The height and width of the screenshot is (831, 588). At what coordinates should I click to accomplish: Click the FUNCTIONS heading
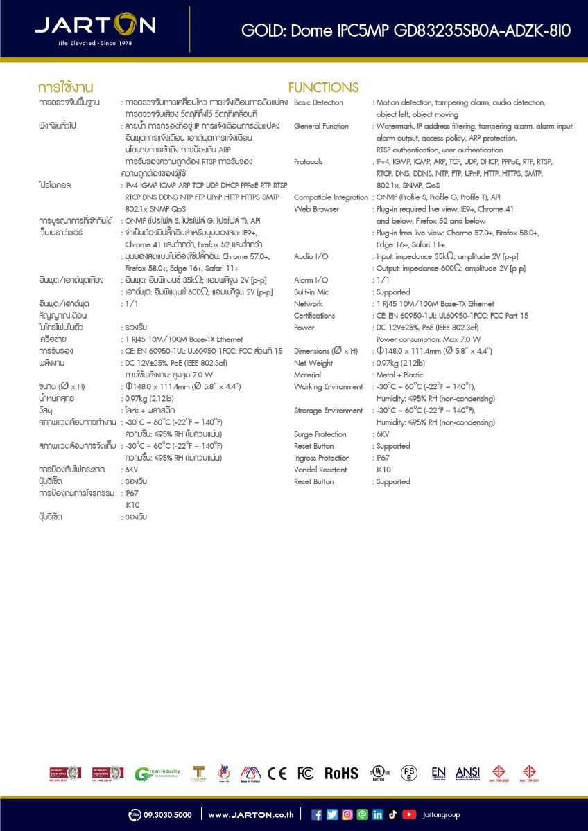tap(323, 88)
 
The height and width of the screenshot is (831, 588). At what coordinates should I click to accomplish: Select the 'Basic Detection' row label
tap(318, 102)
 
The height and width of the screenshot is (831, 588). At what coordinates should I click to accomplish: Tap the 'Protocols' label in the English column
tap(308, 161)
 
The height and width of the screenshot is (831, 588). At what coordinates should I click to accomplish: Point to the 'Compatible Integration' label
tap(331, 197)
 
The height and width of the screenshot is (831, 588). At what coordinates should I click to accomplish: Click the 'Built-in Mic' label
tap(311, 292)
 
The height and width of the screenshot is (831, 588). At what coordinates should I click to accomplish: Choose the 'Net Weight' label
tap(313, 363)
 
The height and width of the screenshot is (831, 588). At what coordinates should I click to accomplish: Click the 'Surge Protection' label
tap(320, 434)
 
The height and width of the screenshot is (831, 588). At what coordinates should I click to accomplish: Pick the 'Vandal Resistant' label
tap(320, 470)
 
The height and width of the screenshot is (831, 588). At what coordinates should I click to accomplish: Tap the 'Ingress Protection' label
tap(322, 458)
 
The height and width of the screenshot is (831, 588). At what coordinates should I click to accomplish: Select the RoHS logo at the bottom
tap(342, 774)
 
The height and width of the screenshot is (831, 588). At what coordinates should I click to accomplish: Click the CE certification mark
tap(277, 774)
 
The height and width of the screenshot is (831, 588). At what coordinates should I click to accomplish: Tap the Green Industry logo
tap(157, 774)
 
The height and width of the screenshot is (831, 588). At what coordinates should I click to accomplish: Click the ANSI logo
tap(467, 773)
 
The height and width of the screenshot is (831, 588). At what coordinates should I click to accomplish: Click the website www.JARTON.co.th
tap(250, 815)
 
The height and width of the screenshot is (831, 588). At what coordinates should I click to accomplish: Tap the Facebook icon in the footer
tap(317, 815)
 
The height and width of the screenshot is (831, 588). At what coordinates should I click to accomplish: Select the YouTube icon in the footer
tap(409, 815)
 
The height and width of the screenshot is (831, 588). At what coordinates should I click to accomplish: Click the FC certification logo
tap(305, 774)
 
